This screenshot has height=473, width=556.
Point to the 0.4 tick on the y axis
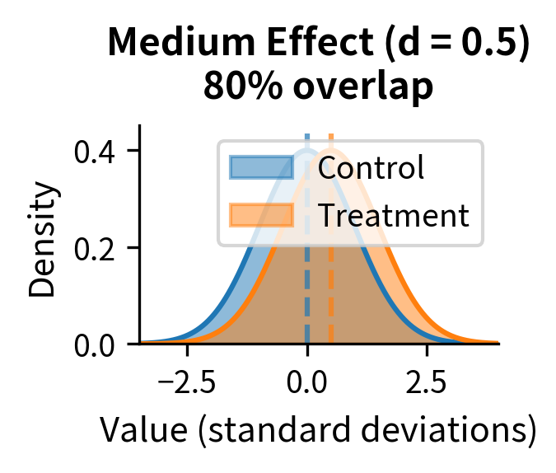(95, 152)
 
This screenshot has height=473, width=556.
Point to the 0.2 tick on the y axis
(95, 248)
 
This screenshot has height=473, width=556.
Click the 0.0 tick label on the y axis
(95, 344)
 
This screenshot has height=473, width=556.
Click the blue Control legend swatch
(260, 167)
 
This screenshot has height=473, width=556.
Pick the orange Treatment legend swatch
(260, 215)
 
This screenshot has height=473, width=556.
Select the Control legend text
(371, 167)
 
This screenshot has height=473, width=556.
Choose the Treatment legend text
(393, 215)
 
